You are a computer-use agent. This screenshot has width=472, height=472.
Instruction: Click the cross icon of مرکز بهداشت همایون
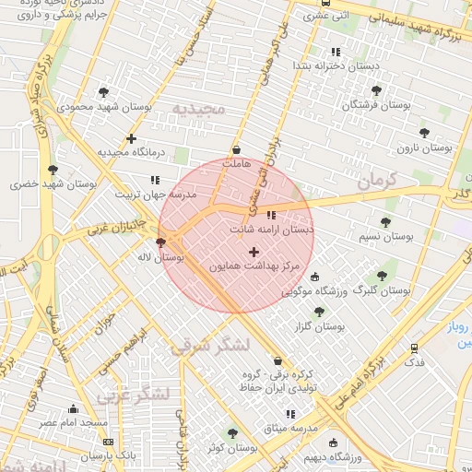[x=254, y=252]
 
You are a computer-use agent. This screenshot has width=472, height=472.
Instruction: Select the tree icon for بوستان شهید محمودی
[x=102, y=92]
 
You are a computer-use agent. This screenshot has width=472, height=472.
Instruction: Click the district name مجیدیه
[x=198, y=109]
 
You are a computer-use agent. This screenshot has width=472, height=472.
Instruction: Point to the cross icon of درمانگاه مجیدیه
[x=132, y=138]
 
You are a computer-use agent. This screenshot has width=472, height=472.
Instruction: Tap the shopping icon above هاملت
[x=237, y=148]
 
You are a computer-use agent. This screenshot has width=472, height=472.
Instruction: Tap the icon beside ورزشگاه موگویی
[x=314, y=277]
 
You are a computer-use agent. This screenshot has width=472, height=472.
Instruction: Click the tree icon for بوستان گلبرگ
[x=382, y=276]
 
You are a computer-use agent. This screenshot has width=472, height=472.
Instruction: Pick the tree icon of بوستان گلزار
[x=319, y=313]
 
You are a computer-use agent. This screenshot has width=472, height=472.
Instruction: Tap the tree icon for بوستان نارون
[x=424, y=133]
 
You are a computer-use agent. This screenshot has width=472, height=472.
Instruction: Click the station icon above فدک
[x=415, y=348]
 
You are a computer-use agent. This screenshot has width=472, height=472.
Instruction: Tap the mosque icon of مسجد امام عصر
[x=74, y=408]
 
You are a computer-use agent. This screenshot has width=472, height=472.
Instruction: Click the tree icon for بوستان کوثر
[x=231, y=432]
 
